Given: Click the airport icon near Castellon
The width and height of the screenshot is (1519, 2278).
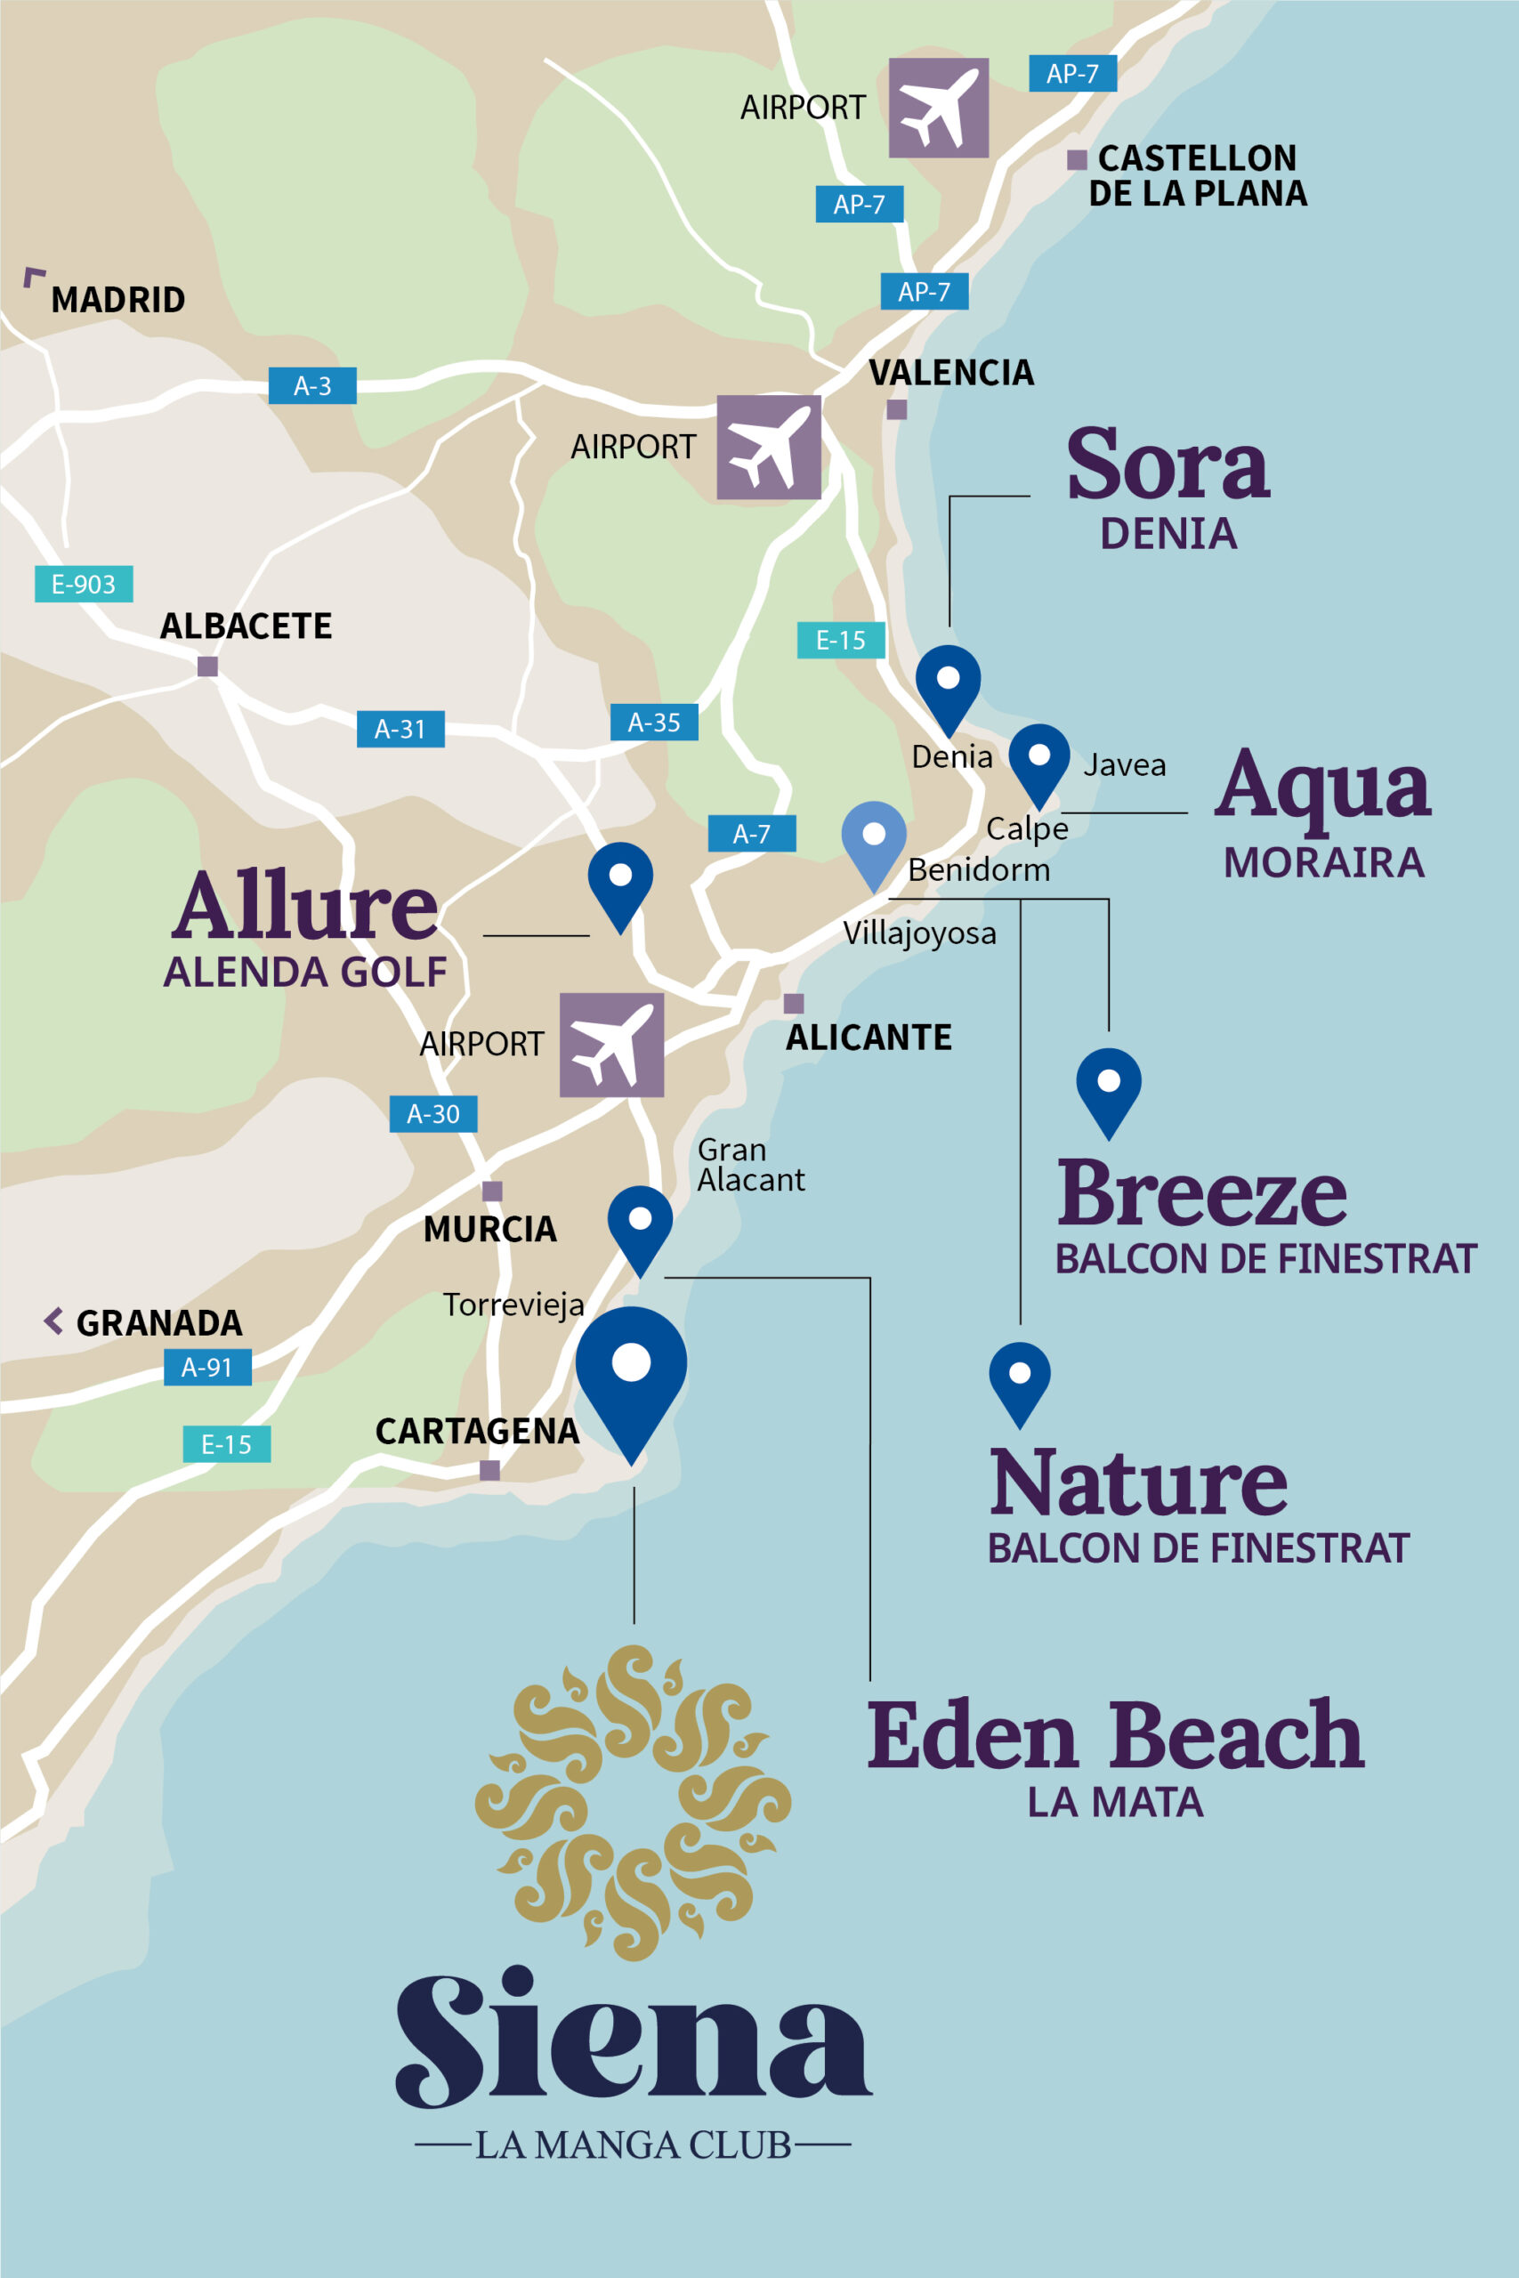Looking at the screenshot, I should [x=938, y=108].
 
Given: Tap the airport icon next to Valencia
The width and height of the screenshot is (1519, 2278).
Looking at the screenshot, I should [x=768, y=447].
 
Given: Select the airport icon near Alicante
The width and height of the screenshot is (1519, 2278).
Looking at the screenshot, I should [x=611, y=1044].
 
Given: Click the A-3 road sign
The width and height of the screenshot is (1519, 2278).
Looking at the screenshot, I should [x=312, y=385].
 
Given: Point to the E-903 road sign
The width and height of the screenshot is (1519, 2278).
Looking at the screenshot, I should [x=84, y=584].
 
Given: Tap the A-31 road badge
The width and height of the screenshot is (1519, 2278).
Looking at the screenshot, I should [x=400, y=729].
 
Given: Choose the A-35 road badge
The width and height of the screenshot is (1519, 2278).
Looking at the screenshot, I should [x=654, y=722].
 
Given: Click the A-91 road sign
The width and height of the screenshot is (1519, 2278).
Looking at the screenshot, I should [x=207, y=1367].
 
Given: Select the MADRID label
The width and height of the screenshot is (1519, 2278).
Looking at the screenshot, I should [x=117, y=299].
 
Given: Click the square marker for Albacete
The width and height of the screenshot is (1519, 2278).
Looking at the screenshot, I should [x=207, y=666].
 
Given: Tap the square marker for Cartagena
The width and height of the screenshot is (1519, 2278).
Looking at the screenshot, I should [x=490, y=1470].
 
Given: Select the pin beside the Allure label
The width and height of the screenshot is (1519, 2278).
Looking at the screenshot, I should [x=620, y=881].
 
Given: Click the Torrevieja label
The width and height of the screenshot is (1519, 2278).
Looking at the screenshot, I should [x=513, y=1305].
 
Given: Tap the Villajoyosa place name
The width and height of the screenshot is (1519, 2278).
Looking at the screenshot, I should [x=918, y=933].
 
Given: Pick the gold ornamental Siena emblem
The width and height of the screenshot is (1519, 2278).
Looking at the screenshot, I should [x=633, y=1801].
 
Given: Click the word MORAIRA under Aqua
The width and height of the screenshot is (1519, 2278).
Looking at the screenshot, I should [x=1323, y=862].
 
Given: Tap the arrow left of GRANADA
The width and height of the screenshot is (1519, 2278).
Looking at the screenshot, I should [x=54, y=1321].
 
